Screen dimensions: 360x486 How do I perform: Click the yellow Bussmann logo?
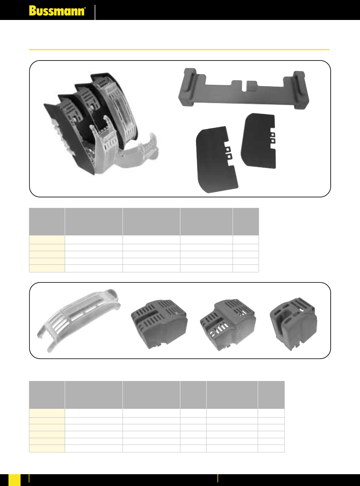pos(57,11)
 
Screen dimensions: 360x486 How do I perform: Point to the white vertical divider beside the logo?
pos(95,12)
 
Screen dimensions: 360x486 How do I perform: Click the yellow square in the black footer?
pos(15,480)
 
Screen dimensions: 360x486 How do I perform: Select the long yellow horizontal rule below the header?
pos(179,50)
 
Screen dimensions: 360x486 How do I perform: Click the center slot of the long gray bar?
pos(244,86)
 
